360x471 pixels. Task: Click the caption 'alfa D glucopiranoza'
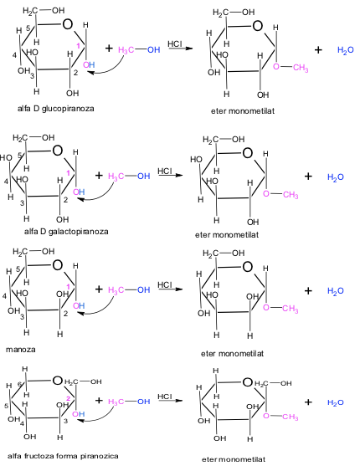55,109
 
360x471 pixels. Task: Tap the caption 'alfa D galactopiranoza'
66,232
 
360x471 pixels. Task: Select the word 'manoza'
21,350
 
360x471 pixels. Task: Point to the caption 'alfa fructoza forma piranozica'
63,456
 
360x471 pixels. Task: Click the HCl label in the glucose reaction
175,44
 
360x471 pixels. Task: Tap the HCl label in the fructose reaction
165,397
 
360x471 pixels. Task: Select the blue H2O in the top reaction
346,50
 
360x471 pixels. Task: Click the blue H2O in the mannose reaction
336,291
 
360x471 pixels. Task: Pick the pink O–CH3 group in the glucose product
291,68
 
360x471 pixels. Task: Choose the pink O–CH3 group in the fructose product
280,417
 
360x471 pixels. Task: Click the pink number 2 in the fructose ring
68,398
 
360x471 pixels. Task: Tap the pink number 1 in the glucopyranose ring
78,46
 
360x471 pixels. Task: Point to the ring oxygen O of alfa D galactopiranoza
58,151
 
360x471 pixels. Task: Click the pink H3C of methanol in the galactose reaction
116,177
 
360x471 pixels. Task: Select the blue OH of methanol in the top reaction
153,49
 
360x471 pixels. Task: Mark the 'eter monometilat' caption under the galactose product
227,234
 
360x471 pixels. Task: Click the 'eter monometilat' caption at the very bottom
234,459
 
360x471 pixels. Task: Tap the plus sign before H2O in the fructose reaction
308,402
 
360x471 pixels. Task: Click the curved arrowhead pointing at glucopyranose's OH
90,73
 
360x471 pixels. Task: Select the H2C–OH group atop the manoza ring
33,252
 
